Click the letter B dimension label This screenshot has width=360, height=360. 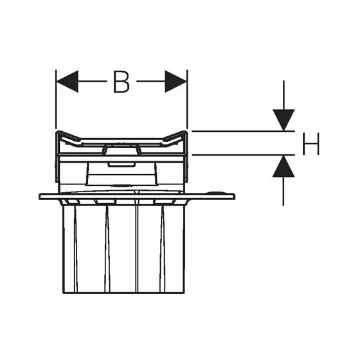[x=122, y=82]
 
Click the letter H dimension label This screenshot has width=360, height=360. [x=311, y=144]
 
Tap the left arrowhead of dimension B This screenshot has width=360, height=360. [x=67, y=81]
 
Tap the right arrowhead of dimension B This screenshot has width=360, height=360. [x=176, y=81]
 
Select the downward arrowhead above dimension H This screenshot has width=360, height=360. [x=283, y=120]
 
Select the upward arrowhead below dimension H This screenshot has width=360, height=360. [x=283, y=166]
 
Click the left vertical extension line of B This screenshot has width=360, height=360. [x=56, y=100]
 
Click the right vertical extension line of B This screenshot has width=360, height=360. [x=187, y=100]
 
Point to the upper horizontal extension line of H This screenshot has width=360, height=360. [x=243, y=131]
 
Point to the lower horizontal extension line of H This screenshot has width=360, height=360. [x=243, y=155]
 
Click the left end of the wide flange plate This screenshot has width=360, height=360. [x=39, y=197]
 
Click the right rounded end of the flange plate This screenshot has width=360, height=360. [x=234, y=197]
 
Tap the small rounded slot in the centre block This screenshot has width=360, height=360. [x=122, y=165]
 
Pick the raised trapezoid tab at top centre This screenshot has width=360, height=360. [x=122, y=149]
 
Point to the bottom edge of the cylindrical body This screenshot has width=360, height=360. [x=123, y=292]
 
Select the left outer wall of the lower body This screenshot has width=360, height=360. [x=63, y=249]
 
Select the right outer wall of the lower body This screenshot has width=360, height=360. [x=184, y=249]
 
